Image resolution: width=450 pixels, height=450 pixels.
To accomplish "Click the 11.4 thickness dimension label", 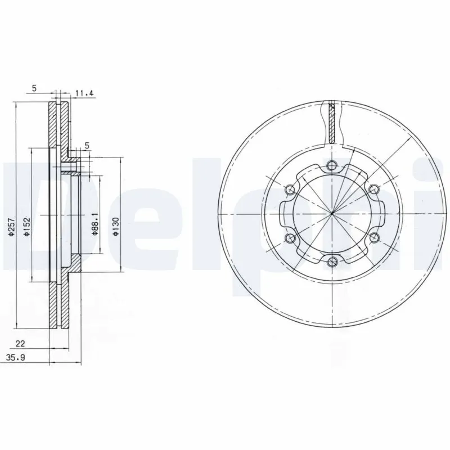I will pos(84,93).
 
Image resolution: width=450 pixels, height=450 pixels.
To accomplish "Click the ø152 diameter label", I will pos(26,226).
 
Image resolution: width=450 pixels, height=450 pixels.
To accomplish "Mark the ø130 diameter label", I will pos(116,226).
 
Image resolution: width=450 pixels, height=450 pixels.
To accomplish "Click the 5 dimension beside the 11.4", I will pos(34,88).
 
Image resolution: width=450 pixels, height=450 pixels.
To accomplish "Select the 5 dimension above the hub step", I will pos(87,146).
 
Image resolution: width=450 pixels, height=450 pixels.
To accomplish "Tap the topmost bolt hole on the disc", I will pos(332,165).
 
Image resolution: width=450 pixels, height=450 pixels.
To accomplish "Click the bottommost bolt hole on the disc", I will pos(332,260).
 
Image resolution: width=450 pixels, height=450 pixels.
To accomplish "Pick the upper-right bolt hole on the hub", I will pos(374,189).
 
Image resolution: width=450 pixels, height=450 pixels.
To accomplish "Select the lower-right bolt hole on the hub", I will pos(374,237).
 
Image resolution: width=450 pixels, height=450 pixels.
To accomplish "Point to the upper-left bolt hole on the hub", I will pos(290,189).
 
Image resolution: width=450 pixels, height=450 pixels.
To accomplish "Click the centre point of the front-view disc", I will pos(332,213).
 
